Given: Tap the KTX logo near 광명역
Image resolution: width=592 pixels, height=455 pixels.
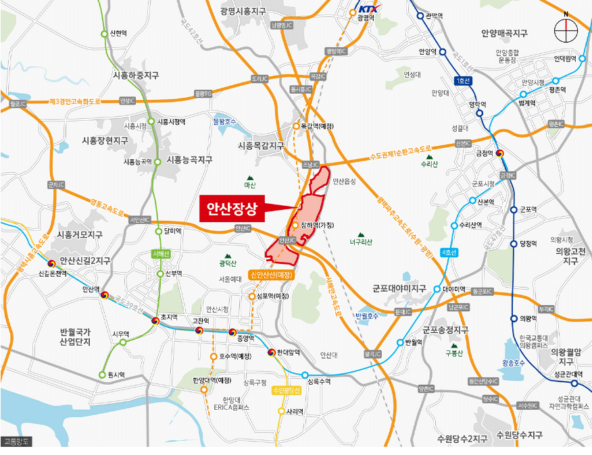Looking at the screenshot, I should click(x=368, y=9).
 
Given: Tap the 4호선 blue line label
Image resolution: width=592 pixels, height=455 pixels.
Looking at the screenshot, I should click(x=448, y=252).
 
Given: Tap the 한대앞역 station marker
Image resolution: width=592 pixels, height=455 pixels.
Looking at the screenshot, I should click(x=272, y=352).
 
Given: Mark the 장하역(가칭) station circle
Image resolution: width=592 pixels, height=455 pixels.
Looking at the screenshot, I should click(x=295, y=225).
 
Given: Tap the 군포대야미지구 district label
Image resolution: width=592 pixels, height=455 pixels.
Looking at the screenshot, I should click(x=399, y=288).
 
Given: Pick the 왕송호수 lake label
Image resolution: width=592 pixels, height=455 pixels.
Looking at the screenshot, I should click(x=514, y=363).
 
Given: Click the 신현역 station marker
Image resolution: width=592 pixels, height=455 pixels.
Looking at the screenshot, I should click(x=104, y=33).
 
